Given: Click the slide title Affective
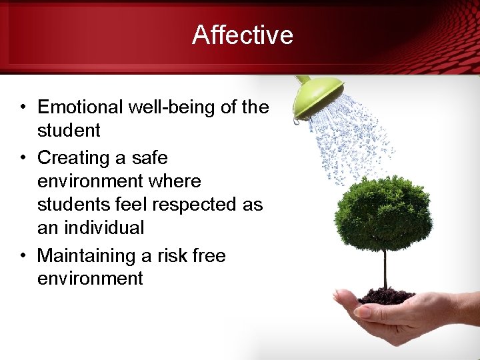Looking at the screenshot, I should pos(243,35).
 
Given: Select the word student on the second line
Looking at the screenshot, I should pos(69,131).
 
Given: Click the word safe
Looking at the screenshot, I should pos(150,158).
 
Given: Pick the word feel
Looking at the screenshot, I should pos(121,205).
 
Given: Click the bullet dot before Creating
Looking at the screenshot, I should pos(23,159).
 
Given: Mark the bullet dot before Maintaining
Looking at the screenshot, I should pos(23,256).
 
